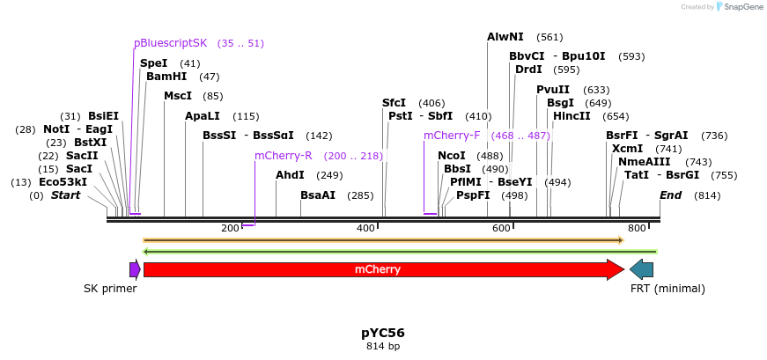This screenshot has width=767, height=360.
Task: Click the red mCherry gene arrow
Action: [x=379, y=269]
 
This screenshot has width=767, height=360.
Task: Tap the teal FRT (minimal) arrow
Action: [x=641, y=269]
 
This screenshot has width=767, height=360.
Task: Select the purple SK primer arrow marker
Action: [x=135, y=269]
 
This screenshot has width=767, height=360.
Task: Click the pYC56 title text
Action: [x=383, y=333]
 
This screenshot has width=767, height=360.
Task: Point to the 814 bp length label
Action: [x=383, y=347]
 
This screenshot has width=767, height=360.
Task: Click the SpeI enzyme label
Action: [x=153, y=63]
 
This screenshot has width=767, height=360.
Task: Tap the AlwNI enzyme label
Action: [x=505, y=37]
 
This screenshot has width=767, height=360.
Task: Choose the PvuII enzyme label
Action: [x=553, y=90]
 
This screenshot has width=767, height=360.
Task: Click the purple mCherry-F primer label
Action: [x=452, y=136]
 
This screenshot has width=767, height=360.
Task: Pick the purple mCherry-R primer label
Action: [x=284, y=156]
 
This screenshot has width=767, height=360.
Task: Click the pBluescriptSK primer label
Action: [x=171, y=43]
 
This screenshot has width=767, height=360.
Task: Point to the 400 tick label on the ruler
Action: [x=366, y=229]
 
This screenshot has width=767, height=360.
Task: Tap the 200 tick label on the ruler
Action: [x=230, y=229]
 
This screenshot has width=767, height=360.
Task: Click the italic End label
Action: [x=670, y=195]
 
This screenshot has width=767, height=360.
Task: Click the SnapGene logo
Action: [x=738, y=7]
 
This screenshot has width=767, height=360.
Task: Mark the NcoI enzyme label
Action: [x=452, y=156]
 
